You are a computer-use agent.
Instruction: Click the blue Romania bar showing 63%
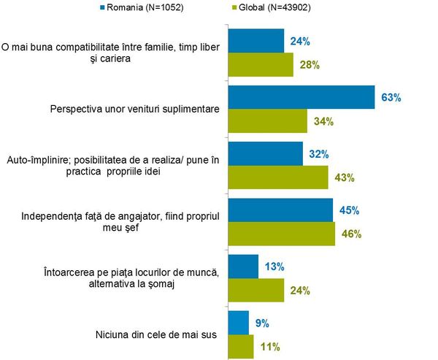click(x=301, y=97)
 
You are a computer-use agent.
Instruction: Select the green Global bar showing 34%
click(x=268, y=121)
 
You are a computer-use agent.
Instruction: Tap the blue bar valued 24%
click(x=256, y=41)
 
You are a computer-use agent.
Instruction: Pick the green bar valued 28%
click(x=261, y=65)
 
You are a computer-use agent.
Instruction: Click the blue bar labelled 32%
click(x=266, y=154)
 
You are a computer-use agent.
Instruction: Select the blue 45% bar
click(x=281, y=210)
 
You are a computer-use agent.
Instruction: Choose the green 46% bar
click(x=282, y=234)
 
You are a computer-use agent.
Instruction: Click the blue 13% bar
click(x=244, y=267)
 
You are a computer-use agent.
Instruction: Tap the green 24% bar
click(x=256, y=290)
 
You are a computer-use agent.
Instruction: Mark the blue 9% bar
click(x=239, y=322)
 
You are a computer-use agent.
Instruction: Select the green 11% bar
click(x=241, y=345)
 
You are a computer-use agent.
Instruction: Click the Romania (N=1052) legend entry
click(x=134, y=9)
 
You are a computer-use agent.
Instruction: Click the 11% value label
click(x=269, y=346)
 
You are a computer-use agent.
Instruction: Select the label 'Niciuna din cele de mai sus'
click(x=147, y=334)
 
